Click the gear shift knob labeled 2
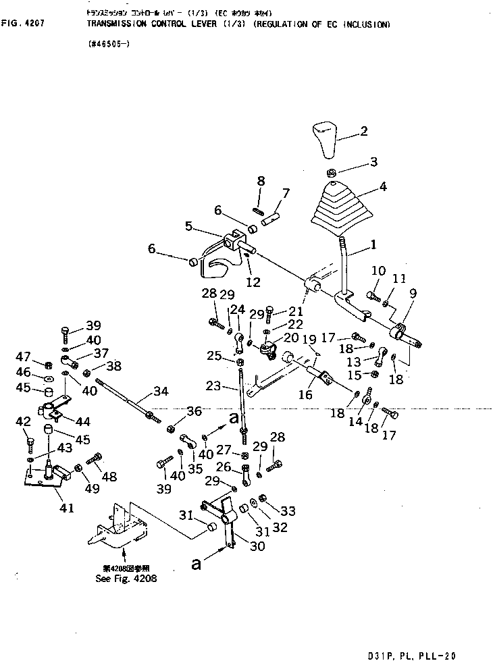click(x=333, y=138)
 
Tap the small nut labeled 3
click(x=333, y=172)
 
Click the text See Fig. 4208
click(x=127, y=579)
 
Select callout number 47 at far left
click(x=26, y=356)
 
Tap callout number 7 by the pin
click(x=286, y=194)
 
